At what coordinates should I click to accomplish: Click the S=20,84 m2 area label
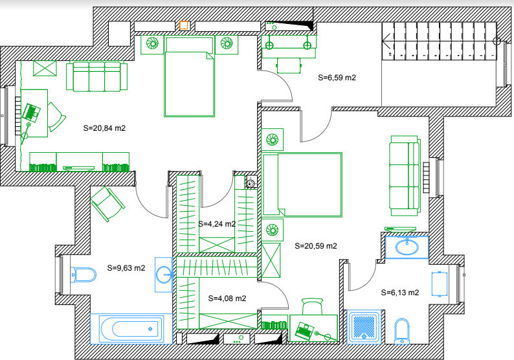(104, 128)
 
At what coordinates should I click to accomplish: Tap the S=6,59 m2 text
(337, 77)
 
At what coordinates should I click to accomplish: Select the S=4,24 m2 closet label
(216, 224)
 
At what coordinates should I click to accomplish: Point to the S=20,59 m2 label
(316, 246)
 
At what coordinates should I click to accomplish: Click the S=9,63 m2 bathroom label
(126, 267)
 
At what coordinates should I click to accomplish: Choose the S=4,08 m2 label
(227, 298)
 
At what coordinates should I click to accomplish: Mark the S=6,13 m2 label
(400, 292)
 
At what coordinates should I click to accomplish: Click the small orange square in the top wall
(184, 25)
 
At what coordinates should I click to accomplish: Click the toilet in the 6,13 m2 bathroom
(402, 330)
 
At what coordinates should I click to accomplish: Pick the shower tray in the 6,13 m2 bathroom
(366, 326)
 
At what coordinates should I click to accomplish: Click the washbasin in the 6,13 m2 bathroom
(407, 247)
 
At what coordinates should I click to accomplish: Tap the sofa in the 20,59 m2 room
(405, 175)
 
